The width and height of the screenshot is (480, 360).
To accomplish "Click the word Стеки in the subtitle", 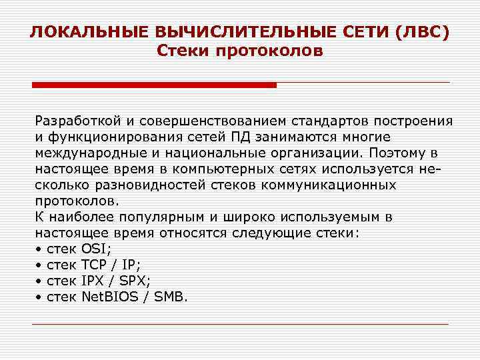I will pos(183,51).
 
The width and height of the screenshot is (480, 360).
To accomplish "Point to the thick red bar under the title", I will pos(154,85).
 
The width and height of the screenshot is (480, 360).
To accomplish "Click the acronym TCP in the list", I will pos(95,265).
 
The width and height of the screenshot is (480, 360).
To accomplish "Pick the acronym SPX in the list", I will pos(133,281).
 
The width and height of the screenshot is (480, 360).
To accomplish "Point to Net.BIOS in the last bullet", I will pos(109,297).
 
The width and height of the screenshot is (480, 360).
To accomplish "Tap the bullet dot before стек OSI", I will pos(39,250).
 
